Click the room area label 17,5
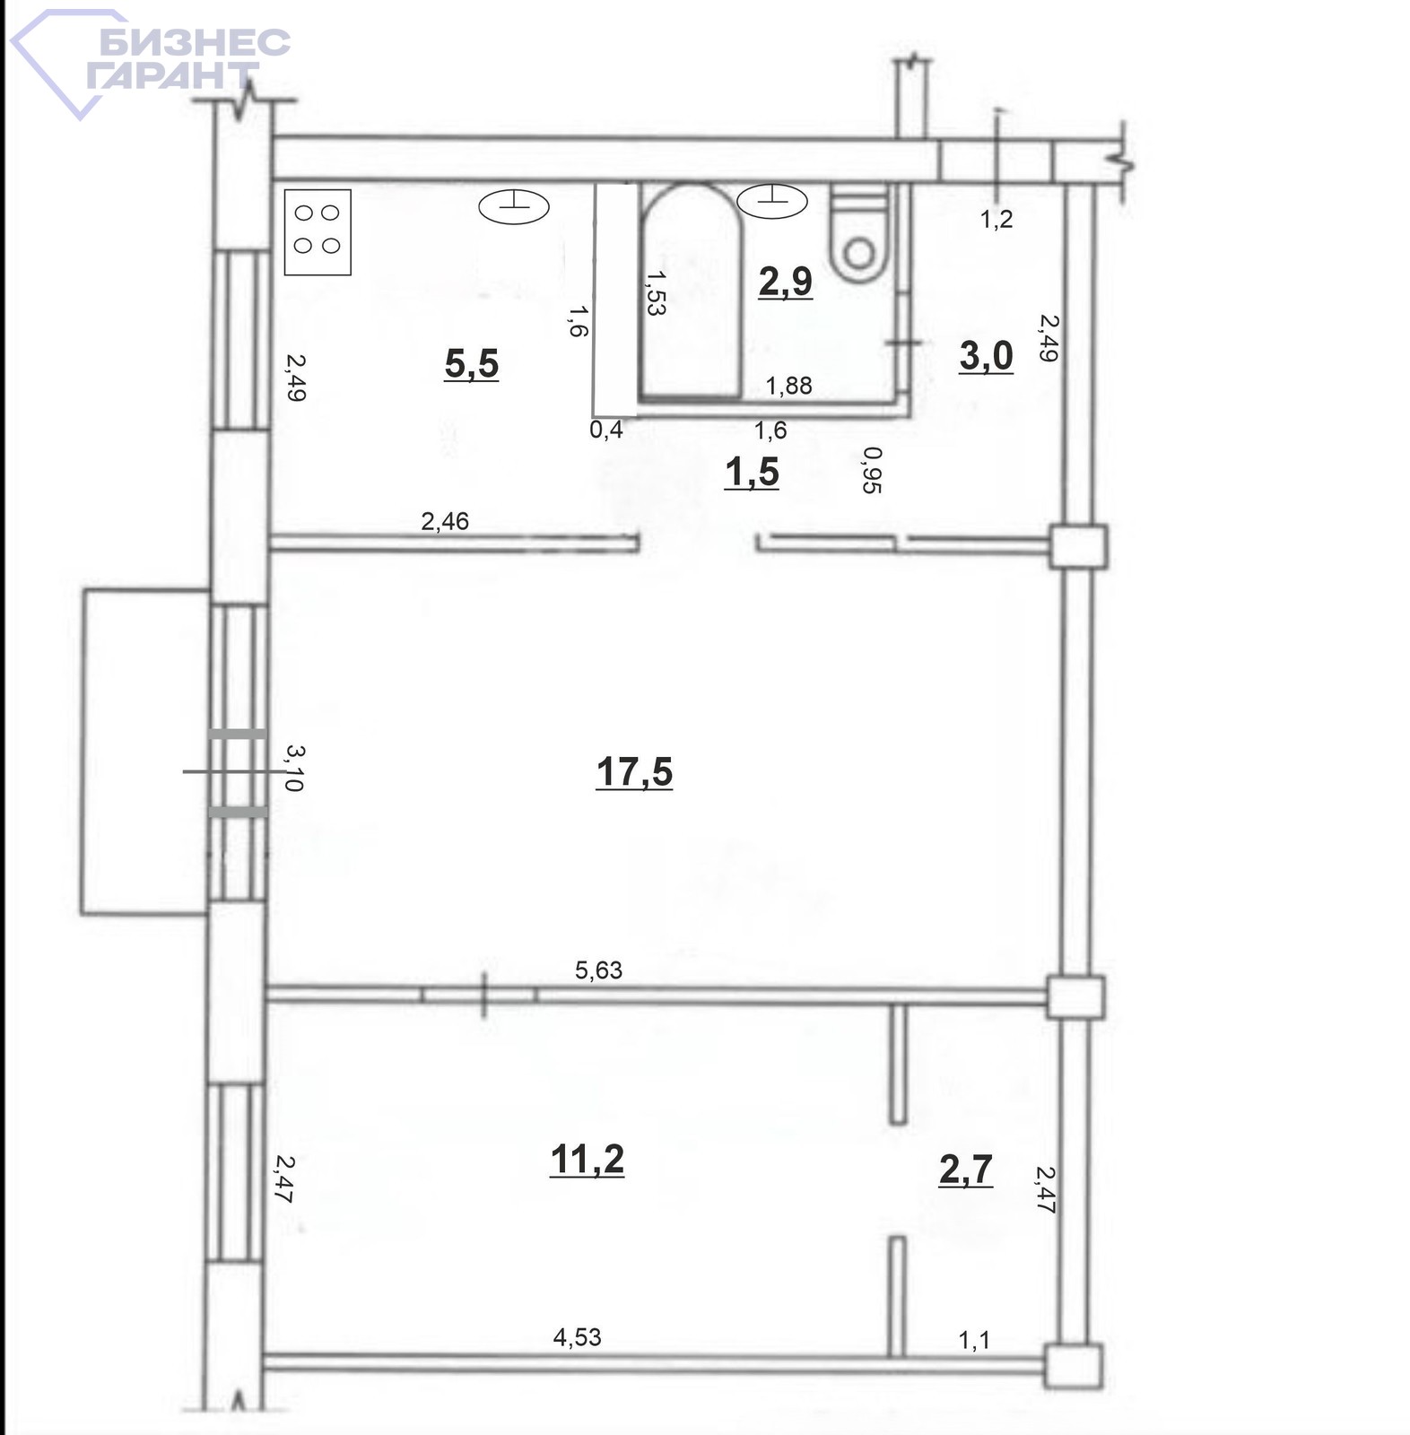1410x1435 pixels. pyautogui.click(x=634, y=771)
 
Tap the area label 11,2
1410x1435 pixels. pyautogui.click(x=587, y=1159)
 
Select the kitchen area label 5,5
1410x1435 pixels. pyautogui.click(x=472, y=363)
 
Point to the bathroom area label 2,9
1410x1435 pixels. pyautogui.click(x=786, y=281)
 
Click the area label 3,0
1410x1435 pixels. pyautogui.click(x=987, y=355)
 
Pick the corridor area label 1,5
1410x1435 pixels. pyautogui.click(x=752, y=472)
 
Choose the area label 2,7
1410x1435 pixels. pyautogui.click(x=966, y=1169)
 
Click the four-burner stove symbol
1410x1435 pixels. pyautogui.click(x=318, y=232)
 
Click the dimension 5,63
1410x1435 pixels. pyautogui.click(x=598, y=970)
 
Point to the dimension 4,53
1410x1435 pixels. pyautogui.click(x=577, y=1337)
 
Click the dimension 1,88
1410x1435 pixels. pyautogui.click(x=788, y=385)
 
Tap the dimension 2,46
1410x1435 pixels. pyautogui.click(x=445, y=520)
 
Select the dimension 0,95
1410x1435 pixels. pyautogui.click(x=871, y=470)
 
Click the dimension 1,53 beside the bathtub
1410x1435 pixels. pyautogui.click(x=655, y=292)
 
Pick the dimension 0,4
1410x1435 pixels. pyautogui.click(x=606, y=430)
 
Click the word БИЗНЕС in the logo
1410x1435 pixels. pyautogui.click(x=195, y=41)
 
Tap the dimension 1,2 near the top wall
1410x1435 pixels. pyautogui.click(x=997, y=218)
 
